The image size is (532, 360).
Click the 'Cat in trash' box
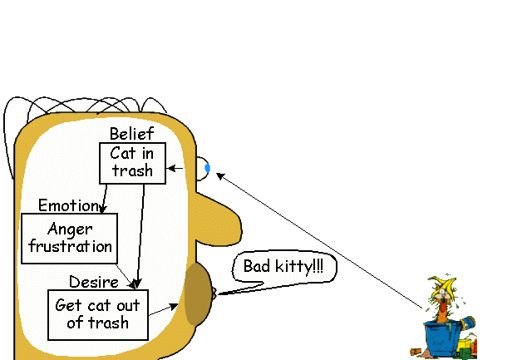click(132, 162)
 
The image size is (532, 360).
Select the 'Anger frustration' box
click(69, 238)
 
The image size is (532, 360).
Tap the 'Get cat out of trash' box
click(97, 314)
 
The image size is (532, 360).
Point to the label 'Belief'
click(131, 134)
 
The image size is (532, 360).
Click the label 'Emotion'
click(68, 205)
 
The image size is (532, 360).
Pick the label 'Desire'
click(93, 282)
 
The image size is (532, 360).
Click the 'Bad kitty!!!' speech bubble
click(283, 268)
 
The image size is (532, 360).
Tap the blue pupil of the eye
click(207, 168)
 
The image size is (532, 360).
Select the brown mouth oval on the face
click(197, 294)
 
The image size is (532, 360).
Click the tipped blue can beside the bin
click(466, 322)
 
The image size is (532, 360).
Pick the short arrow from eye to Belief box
click(175, 168)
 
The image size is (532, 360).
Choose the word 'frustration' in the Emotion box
click(69, 246)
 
